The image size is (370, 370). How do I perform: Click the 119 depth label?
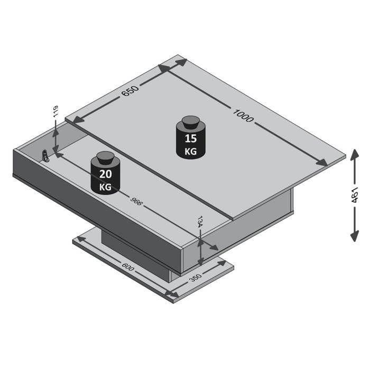pyautogui.click(x=54, y=113)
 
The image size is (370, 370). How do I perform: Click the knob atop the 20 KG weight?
pyautogui.click(x=105, y=158)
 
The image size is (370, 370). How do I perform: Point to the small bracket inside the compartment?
pyautogui.click(x=46, y=156)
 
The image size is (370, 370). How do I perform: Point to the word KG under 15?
pyautogui.click(x=190, y=151)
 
